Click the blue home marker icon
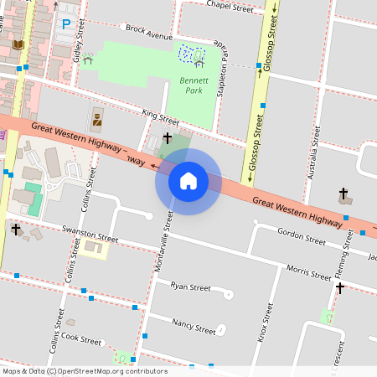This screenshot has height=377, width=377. coord(188,180)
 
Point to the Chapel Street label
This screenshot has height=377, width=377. coord(229,8)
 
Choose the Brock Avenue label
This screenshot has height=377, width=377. coord(147,33)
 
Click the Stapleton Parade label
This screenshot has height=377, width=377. coord(223,69)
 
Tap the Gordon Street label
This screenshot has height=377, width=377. coord(301,236)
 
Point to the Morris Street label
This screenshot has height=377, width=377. coord(307,273)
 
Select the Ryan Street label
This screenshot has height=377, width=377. coord(190,287)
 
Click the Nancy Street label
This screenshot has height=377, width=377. coord(194,325)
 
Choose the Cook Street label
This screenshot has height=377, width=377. coord(81,339)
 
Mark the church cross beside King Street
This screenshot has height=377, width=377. coord(167,137)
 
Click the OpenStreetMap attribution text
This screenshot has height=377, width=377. coord(85,370)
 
